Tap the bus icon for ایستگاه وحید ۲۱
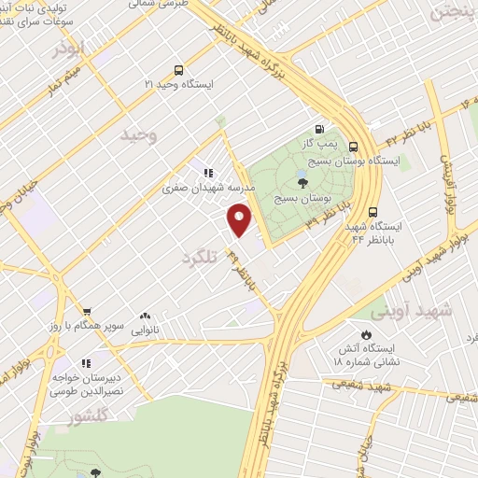(178, 69)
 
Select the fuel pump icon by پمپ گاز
(320, 130)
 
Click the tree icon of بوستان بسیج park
(301, 183)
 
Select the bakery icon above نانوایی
(144, 316)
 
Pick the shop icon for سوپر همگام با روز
(86, 312)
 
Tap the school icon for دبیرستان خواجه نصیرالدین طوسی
(86, 363)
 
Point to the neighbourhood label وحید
(138, 136)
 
